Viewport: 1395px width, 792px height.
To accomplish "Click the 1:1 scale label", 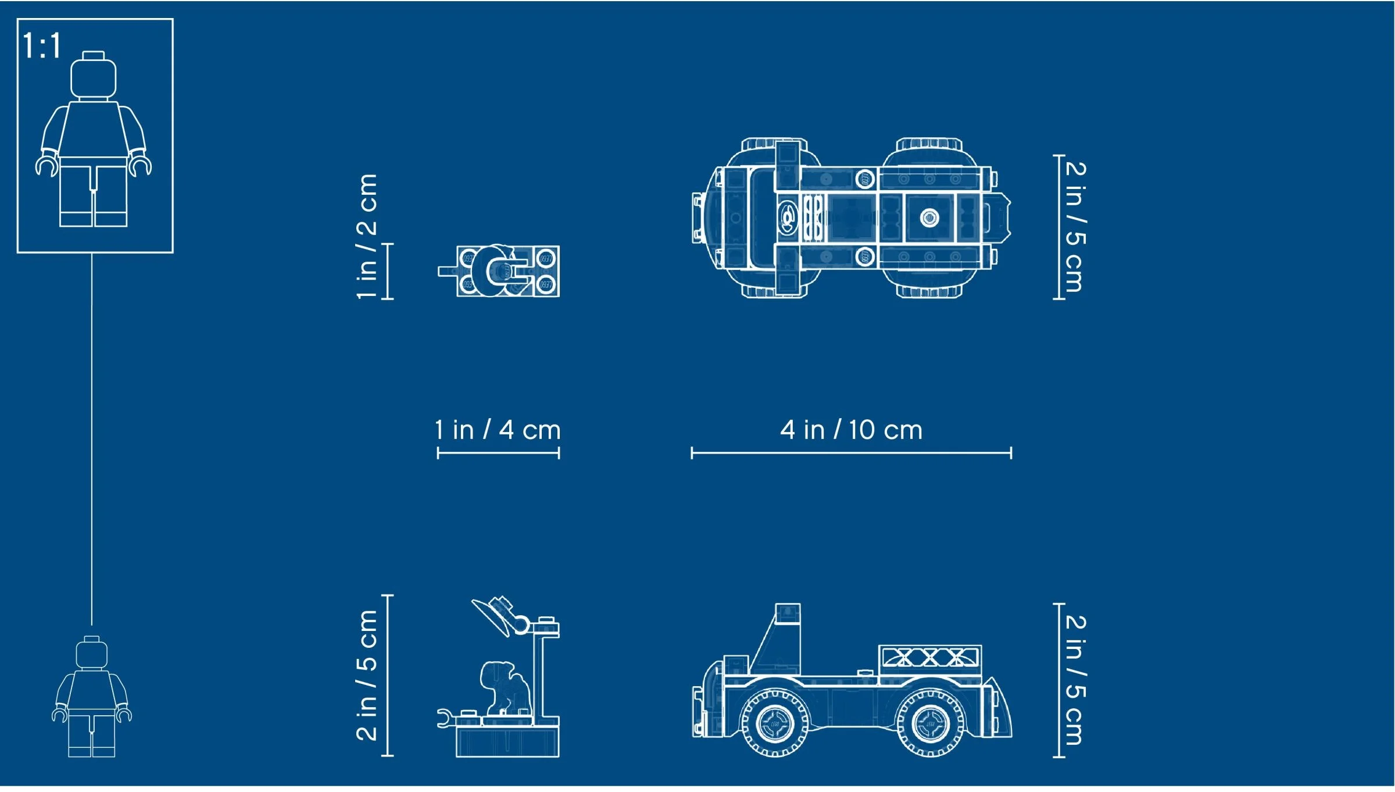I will point(41,46).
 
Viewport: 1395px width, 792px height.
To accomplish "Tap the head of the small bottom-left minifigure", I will point(92,655).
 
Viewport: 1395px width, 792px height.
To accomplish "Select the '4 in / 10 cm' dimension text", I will point(851,431).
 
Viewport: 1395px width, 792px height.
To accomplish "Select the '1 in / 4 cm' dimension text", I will point(498,431).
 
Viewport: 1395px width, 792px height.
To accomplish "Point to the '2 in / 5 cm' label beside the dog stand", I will point(367,675).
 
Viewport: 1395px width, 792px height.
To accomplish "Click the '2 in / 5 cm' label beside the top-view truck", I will point(1075,227).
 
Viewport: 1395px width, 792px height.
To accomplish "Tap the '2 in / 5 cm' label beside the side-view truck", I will point(1075,680).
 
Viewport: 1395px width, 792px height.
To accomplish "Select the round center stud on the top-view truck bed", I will point(929,218).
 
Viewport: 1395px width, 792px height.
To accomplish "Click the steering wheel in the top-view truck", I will point(788,217).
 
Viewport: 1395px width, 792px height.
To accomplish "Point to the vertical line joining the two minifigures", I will point(91,436).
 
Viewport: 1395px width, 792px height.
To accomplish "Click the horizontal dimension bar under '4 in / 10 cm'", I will point(851,453).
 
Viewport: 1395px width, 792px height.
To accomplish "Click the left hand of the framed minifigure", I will point(47,165).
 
